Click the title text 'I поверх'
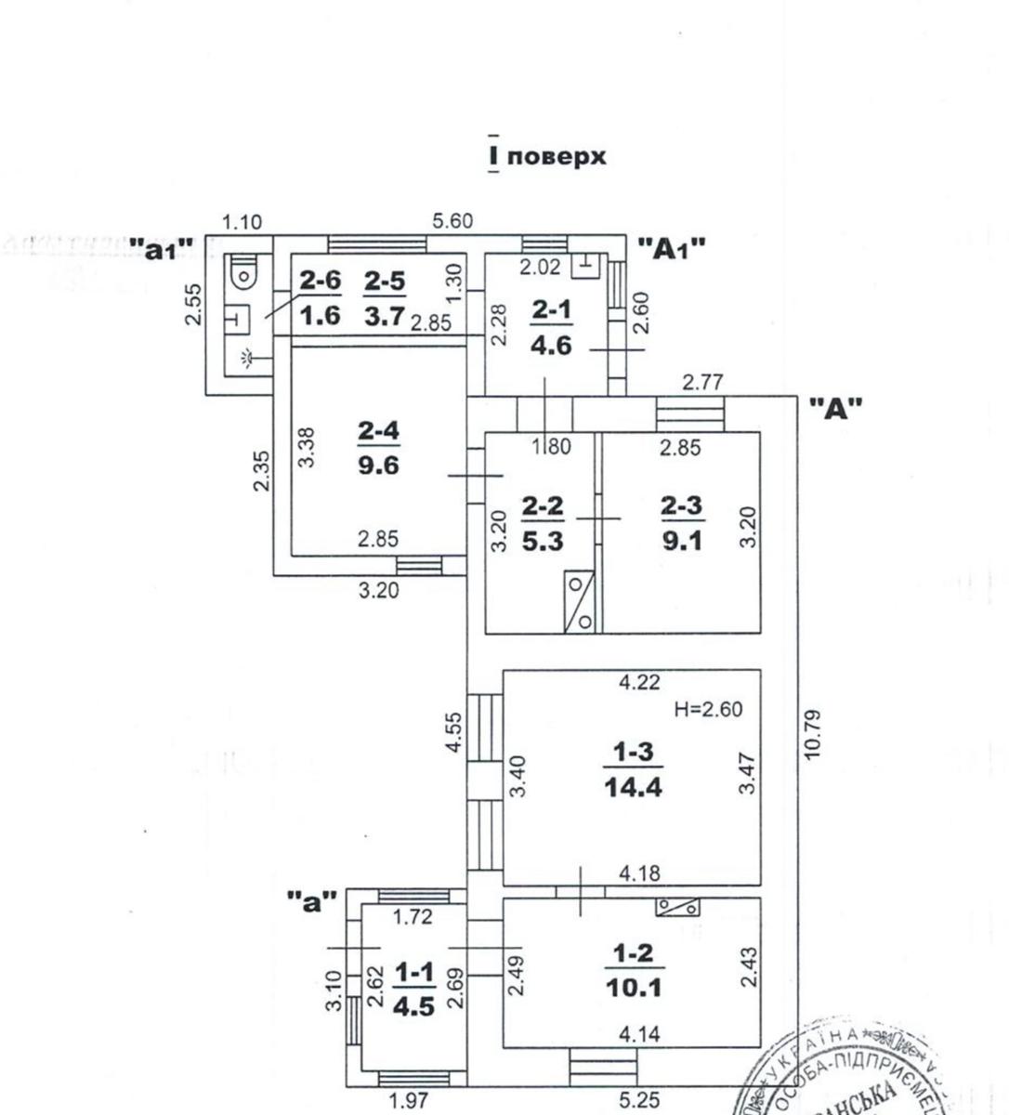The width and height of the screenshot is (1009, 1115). point(546,156)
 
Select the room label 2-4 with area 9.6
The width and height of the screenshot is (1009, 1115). point(378,446)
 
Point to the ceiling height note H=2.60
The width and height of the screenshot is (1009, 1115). point(708,710)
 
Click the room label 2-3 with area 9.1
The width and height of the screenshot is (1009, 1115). point(682,522)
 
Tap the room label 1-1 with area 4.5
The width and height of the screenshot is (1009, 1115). point(413,989)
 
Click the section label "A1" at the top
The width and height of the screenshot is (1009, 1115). point(672,248)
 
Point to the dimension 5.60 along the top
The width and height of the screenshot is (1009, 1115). point(452,221)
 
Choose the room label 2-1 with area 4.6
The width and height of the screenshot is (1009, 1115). point(551,327)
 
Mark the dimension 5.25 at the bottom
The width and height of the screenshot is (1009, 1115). point(639,1101)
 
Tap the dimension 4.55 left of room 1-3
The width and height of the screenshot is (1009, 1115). point(453,734)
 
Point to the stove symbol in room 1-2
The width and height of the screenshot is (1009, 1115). point(678,907)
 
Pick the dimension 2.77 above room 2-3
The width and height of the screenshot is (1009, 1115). point(703,381)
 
